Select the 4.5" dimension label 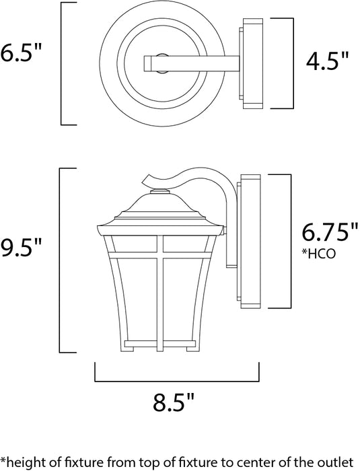click(328, 63)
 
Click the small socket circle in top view click(161, 59)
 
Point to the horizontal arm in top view click(195, 63)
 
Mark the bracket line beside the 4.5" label click(292, 63)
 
